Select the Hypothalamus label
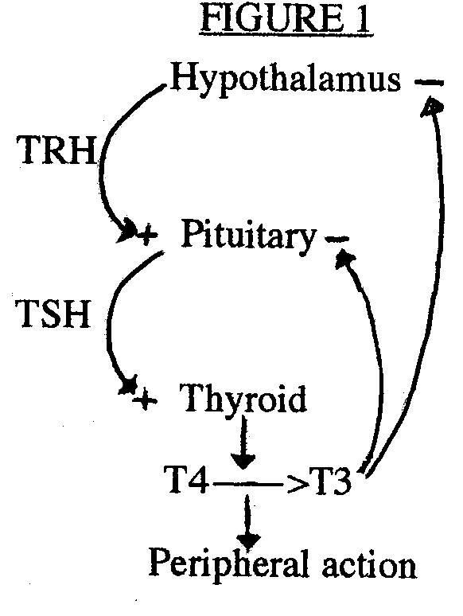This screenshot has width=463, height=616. (286, 80)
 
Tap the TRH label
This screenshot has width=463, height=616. (56, 150)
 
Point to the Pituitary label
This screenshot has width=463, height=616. (248, 236)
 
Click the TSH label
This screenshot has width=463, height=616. (54, 314)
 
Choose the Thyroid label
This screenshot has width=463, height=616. (243, 400)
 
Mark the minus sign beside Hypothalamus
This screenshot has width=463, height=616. (429, 83)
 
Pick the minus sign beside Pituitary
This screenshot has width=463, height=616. (337, 239)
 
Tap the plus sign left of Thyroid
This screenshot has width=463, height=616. (145, 400)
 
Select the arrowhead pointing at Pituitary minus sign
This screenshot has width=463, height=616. (344, 259)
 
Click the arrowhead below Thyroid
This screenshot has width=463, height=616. (243, 460)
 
